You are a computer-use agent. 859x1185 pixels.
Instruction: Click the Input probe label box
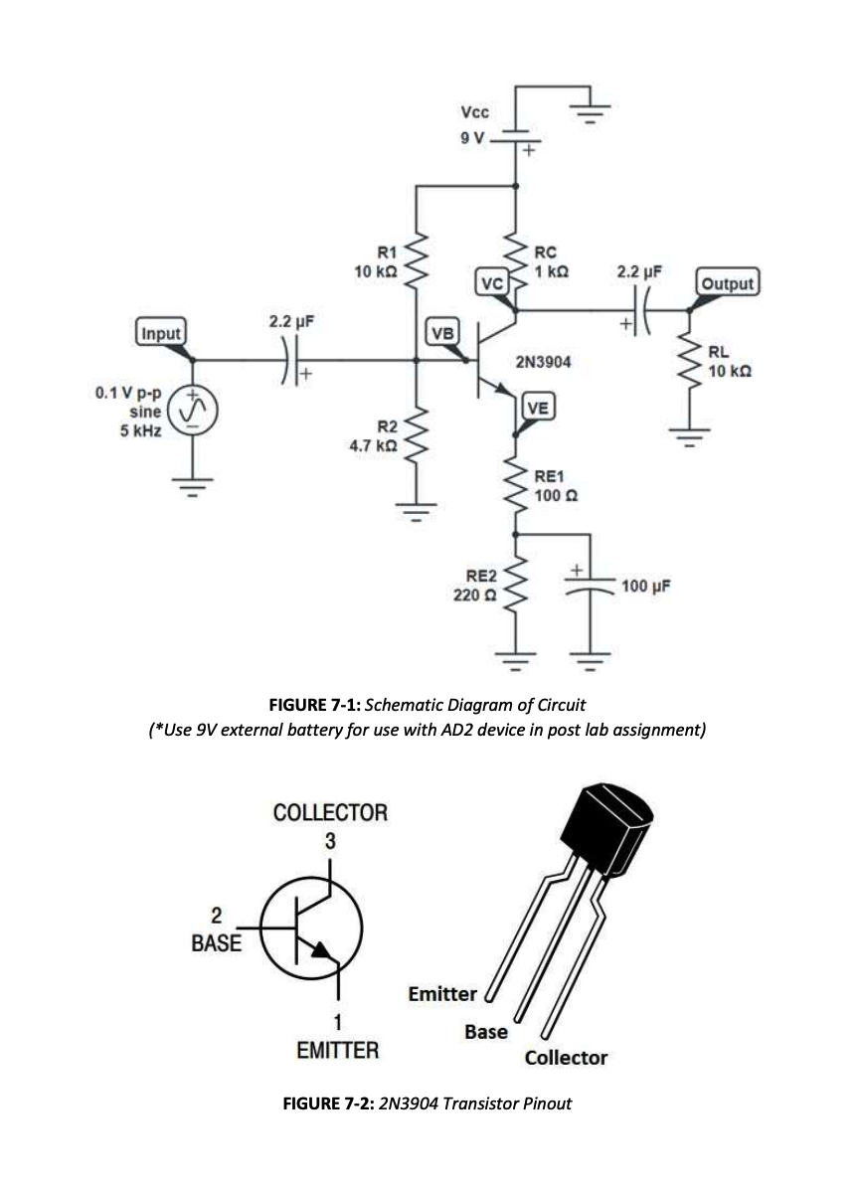160,333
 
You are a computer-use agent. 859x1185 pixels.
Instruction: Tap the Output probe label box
727,282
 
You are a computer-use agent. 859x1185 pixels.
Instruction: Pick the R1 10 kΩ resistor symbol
417,260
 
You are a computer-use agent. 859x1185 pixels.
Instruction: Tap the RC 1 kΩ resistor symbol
517,260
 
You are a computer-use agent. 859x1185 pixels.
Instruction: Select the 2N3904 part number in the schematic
543,363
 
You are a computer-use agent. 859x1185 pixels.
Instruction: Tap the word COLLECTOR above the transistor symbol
330,812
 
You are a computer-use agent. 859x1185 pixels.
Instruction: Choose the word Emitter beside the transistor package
442,993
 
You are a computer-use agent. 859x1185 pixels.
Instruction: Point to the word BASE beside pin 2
216,943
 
